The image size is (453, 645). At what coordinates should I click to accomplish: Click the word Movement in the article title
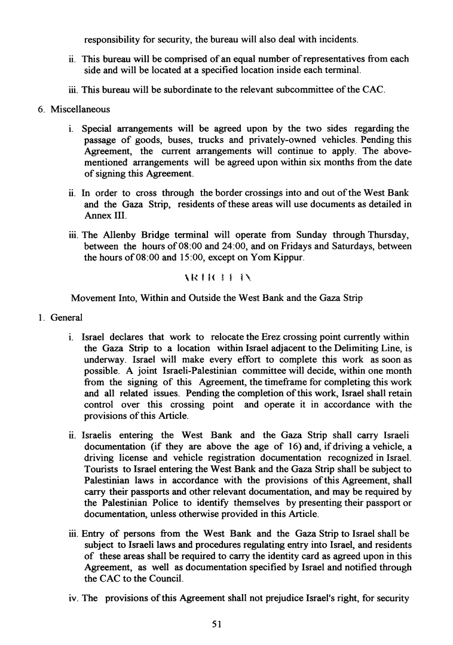[x=93, y=298]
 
